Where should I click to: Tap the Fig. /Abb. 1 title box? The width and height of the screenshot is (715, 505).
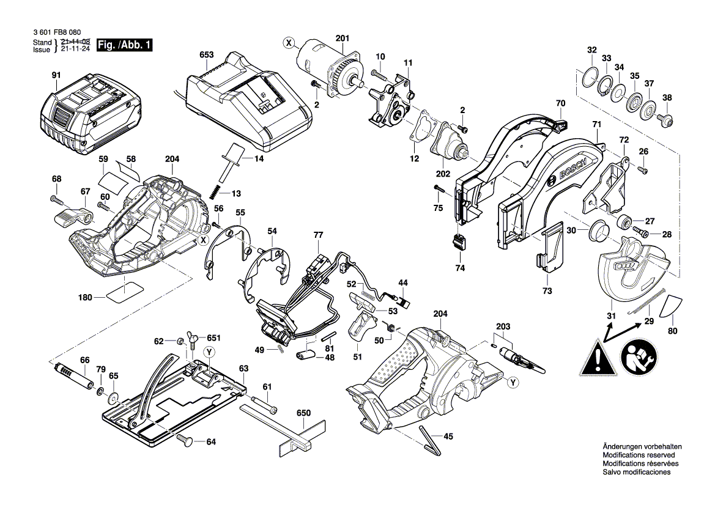coord(127,46)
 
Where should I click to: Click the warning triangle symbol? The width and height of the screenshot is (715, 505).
coord(595,357)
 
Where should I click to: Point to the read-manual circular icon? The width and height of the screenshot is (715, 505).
coord(639,357)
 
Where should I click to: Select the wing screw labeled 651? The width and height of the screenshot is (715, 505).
coord(192,339)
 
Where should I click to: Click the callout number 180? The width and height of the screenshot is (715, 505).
coord(85,298)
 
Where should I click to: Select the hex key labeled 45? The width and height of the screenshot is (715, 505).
coord(430,440)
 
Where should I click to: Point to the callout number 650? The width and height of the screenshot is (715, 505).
coord(304,413)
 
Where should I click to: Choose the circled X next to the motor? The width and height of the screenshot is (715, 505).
coord(289,42)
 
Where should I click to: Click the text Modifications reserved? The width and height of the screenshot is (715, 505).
coord(639,455)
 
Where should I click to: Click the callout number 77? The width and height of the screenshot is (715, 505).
coord(318,235)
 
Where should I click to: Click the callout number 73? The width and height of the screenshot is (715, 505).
coord(547,291)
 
